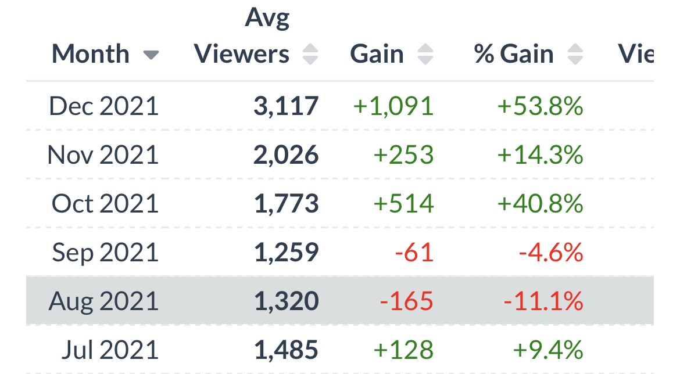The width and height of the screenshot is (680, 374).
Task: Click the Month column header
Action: (x=90, y=55)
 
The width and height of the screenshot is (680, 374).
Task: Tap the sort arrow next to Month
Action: (x=151, y=55)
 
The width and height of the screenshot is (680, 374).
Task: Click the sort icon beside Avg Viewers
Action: (x=310, y=55)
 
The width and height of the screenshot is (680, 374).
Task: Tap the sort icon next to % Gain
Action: (x=575, y=55)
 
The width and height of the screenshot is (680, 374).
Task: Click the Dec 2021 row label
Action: (x=103, y=106)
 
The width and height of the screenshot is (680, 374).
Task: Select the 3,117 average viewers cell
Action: (x=286, y=106)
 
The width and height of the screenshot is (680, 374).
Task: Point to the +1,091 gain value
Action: (x=393, y=106)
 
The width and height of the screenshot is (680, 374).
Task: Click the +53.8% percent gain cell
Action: (x=540, y=106)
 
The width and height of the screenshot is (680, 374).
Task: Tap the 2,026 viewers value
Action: (x=286, y=155)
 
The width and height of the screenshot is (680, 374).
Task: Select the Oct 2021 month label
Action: (x=105, y=204)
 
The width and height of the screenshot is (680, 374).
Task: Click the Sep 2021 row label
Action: (x=105, y=253)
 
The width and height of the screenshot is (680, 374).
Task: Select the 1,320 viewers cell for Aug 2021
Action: (x=286, y=301)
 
